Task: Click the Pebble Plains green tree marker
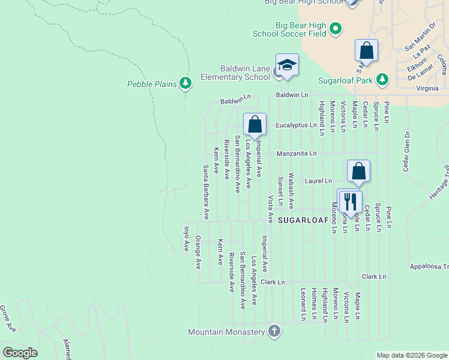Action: pos(185,84)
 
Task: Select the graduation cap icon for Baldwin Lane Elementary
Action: pos(287,65)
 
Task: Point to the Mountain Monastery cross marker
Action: pos(274,332)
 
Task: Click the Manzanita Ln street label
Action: pos(297,154)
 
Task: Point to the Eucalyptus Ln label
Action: pos(296,125)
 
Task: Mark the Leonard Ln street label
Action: pos(303,304)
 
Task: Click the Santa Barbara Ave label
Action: pos(205,191)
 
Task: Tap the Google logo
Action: pos(20,353)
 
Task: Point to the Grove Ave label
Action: pos(7,318)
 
